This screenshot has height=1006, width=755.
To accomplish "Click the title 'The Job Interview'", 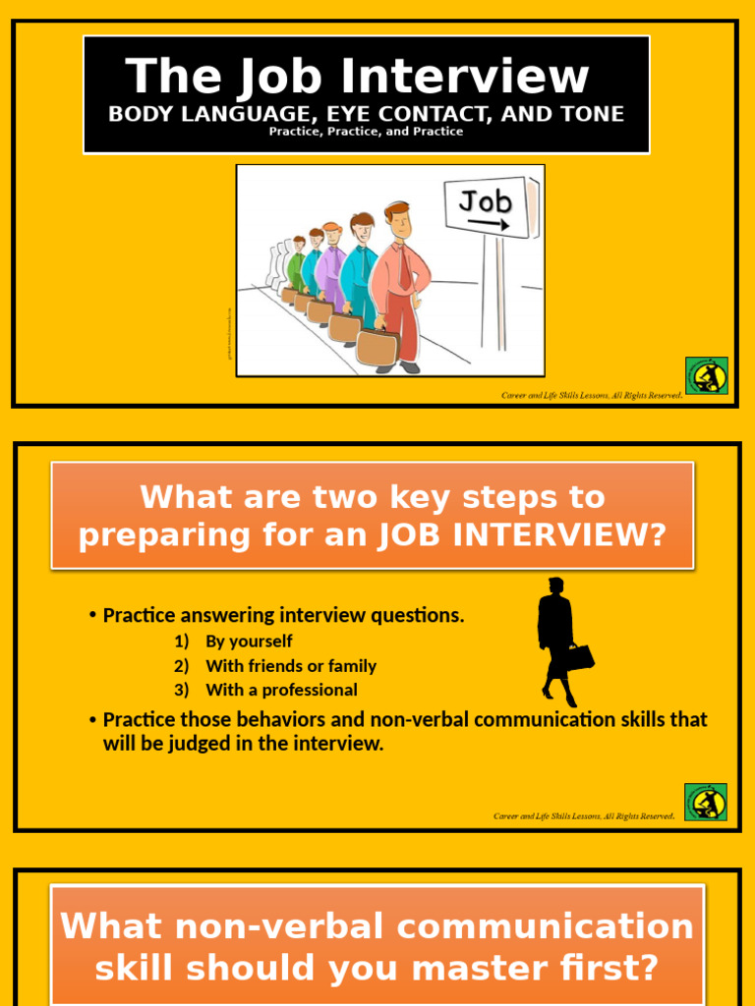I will [x=357, y=77].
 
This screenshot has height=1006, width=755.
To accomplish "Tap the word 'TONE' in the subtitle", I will [x=587, y=114].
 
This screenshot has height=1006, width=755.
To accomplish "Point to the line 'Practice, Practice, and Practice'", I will [x=366, y=132].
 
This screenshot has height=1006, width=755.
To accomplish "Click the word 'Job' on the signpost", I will [x=486, y=201].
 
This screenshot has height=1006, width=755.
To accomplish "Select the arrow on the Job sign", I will [x=489, y=224].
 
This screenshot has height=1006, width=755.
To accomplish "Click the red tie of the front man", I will [x=404, y=265].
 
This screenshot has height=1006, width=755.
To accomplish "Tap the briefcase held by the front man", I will [x=377, y=347].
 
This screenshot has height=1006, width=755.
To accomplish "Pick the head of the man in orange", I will [x=397, y=220].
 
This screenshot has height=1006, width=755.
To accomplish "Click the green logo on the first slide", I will [x=706, y=375].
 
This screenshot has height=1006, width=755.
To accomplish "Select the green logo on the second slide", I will [x=705, y=802].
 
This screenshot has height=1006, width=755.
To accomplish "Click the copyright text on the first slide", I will [x=592, y=395].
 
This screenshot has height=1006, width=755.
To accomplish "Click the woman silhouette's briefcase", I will [x=579, y=657].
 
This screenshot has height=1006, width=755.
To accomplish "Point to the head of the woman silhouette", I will [x=556, y=586].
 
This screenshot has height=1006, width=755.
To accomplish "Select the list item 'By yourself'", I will [x=249, y=642].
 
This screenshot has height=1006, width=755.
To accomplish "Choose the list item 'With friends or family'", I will [x=290, y=666].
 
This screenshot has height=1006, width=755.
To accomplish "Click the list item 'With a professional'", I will [x=281, y=690].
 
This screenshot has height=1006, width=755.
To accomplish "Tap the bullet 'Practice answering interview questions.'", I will [x=283, y=616].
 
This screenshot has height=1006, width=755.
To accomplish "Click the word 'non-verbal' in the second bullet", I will [x=388, y=719].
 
